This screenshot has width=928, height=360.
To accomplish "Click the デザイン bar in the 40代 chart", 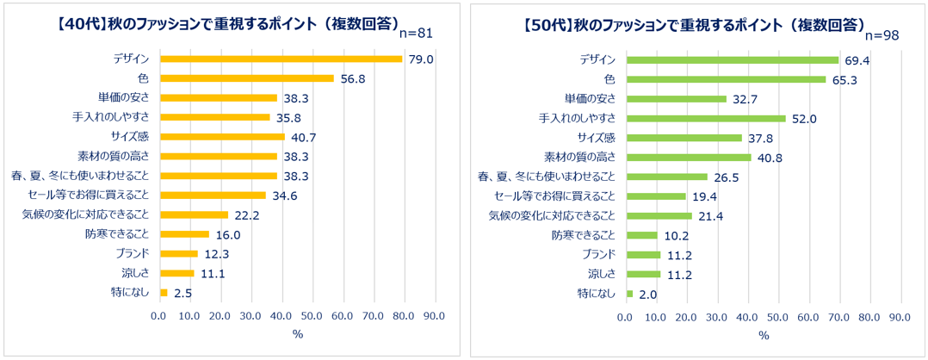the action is (281, 59).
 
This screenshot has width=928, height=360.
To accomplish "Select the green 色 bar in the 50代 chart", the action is (727, 79).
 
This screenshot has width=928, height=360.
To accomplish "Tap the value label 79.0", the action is (420, 59).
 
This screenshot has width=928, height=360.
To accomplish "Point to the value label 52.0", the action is (804, 119).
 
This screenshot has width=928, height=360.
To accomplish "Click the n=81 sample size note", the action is (417, 34).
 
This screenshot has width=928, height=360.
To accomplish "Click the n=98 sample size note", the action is (882, 35).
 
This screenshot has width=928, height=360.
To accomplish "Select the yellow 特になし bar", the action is (164, 293).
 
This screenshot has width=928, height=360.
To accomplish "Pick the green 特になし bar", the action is (630, 293).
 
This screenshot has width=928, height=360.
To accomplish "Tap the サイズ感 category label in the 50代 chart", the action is (597, 138).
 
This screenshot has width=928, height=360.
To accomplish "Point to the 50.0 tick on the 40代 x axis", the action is (312, 315).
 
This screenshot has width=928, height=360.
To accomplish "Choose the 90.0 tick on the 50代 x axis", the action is (900, 316).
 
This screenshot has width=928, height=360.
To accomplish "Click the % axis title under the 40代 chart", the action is (298, 334).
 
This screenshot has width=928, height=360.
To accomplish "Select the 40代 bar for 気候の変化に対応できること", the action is (195, 214).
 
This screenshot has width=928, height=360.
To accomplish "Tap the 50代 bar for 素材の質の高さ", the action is (689, 158).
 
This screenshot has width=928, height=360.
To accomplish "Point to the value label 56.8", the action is (353, 78).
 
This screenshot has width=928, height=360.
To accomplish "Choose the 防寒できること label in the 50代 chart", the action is (584, 235).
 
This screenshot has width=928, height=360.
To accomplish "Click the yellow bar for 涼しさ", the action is (177, 273).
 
